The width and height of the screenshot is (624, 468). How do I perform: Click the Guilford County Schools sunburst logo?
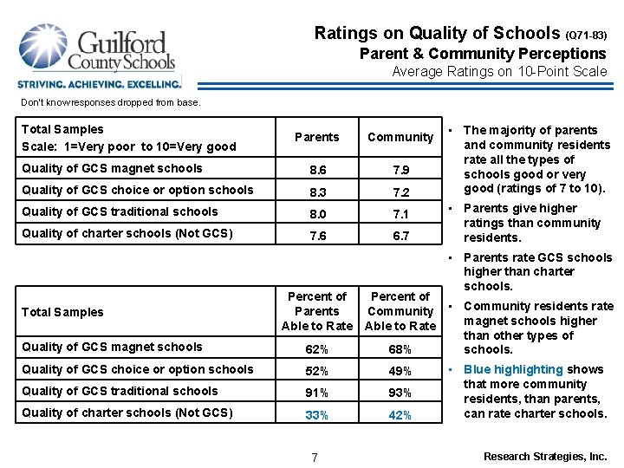point(43,49)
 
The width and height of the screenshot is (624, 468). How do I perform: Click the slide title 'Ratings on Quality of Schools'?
point(437,34)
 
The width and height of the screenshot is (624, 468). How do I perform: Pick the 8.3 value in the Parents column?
point(316,192)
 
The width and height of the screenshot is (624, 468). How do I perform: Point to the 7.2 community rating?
point(400,192)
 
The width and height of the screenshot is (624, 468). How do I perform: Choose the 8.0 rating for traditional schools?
point(316,213)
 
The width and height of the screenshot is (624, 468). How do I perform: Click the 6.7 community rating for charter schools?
point(400,235)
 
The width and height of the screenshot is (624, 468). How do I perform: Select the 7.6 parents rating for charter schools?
point(316,235)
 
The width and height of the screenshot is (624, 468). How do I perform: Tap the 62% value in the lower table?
point(316,348)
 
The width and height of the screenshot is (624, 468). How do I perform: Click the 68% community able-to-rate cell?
point(400,348)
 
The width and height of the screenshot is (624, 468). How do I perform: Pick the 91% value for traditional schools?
point(316,393)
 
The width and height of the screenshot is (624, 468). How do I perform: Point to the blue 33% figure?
point(316,415)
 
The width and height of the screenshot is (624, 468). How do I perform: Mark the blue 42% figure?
point(400,415)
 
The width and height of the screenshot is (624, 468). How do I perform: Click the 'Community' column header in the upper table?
point(400,137)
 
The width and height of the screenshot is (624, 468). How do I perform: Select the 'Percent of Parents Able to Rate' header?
point(316,311)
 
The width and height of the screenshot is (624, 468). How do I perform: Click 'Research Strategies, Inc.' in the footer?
point(545,456)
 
